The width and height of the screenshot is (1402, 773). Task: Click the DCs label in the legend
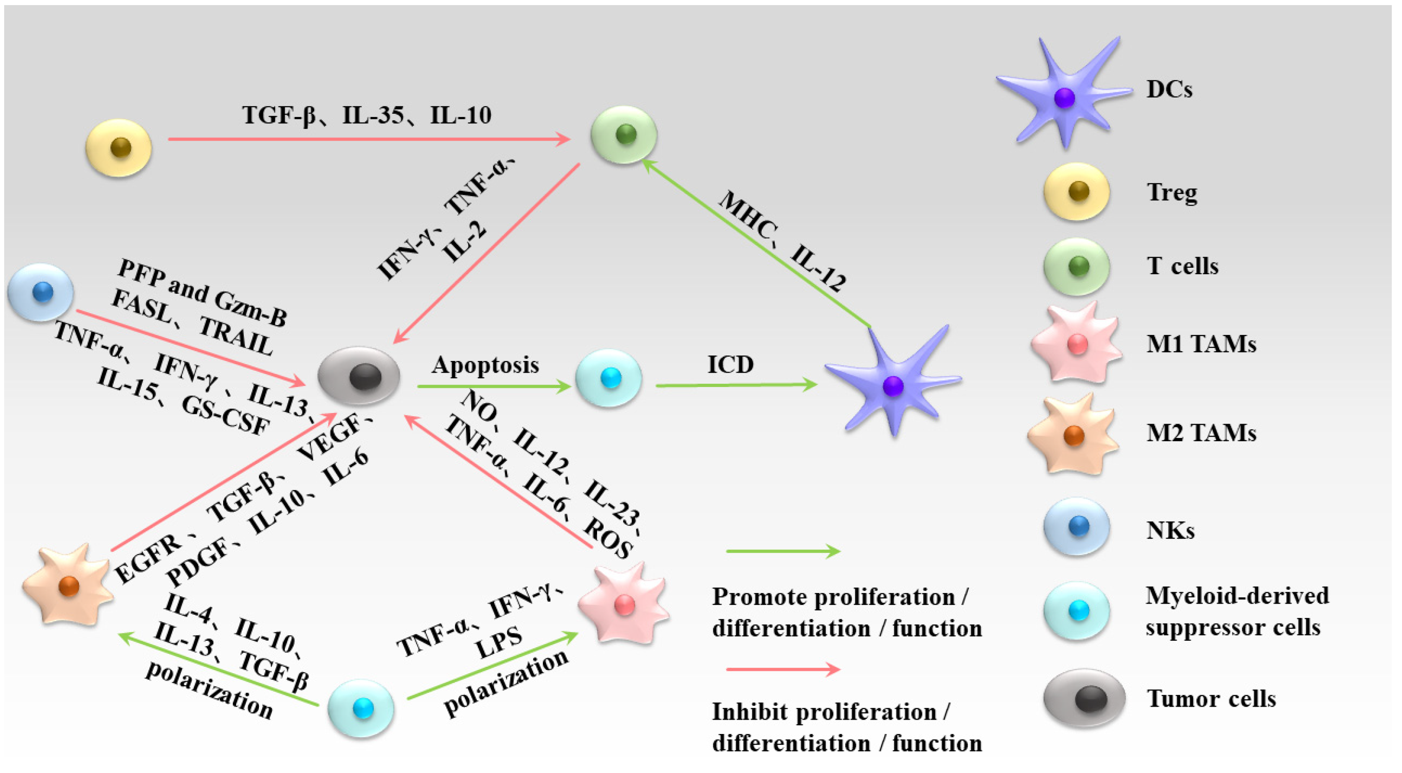tap(1169, 89)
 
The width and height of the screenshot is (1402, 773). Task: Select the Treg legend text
tap(1171, 193)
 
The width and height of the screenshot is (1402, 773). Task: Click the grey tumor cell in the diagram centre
tap(359, 376)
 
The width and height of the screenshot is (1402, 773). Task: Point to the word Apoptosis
tap(485, 365)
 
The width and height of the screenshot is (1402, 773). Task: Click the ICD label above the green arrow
tap(730, 364)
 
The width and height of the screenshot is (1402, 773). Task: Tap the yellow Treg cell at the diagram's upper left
tap(119, 148)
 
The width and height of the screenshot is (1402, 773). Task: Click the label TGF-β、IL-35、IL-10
tap(367, 116)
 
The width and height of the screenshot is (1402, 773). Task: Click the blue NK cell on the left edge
tap(41, 292)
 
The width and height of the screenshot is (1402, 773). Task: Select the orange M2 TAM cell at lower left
tap(68, 586)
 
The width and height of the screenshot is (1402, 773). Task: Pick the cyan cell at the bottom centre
tap(361, 708)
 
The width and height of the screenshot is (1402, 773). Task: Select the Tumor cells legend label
tap(1210, 699)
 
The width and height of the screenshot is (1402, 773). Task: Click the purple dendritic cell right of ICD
tap(893, 384)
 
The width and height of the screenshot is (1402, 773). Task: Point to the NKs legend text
tap(1170, 530)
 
